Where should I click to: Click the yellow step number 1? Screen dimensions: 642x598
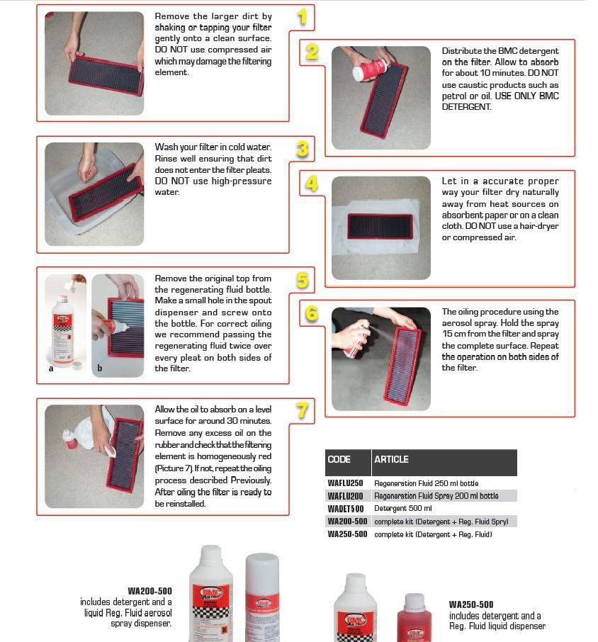click(303, 17)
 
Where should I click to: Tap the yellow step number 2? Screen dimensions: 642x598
click(312, 52)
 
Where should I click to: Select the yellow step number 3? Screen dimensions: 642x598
click(303, 149)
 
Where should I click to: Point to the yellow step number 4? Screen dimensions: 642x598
click(312, 184)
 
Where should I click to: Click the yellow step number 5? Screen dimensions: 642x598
click(303, 281)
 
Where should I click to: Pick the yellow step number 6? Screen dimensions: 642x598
click(312, 313)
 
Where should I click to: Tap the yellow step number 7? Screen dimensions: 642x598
click(303, 410)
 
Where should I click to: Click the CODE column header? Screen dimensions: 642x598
click(339, 459)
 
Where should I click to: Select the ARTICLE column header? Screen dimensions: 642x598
click(391, 459)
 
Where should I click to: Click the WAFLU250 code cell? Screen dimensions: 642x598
click(345, 483)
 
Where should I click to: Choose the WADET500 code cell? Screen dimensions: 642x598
click(345, 509)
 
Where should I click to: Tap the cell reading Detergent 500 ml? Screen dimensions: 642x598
click(402, 509)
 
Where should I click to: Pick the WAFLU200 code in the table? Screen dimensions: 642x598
click(345, 496)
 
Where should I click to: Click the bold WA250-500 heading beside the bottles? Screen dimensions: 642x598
click(471, 604)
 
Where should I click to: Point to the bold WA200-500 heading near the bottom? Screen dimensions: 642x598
click(149, 591)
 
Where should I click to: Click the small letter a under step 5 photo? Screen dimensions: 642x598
click(50, 368)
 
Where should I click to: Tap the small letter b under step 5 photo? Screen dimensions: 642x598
click(99, 368)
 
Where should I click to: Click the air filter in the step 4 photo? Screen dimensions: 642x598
click(380, 226)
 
